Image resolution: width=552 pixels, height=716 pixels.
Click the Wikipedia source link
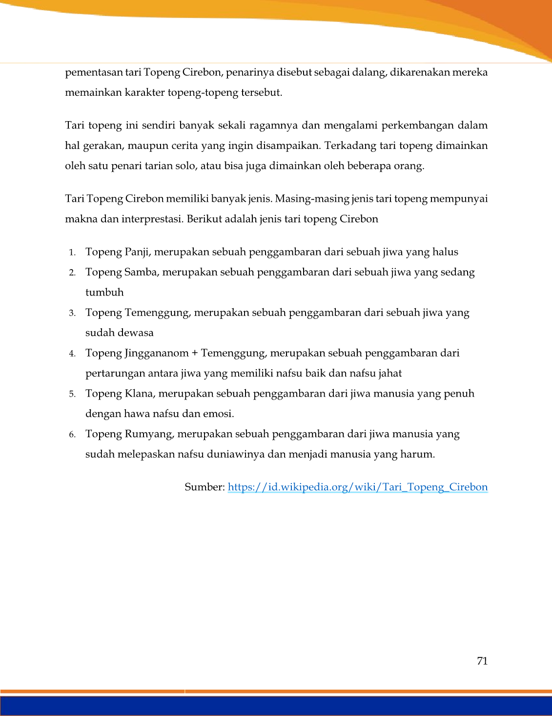click(357, 487)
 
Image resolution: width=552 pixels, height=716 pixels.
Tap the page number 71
click(482, 661)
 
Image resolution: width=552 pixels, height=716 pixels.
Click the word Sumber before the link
click(204, 487)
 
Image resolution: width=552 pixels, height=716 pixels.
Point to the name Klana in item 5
click(139, 394)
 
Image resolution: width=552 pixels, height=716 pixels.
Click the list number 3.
click(72, 313)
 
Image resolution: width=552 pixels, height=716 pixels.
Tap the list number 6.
click(72, 435)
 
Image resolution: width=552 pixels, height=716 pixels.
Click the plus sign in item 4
click(195, 353)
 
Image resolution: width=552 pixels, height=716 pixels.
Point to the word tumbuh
click(104, 293)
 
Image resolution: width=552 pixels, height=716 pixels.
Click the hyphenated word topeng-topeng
click(203, 92)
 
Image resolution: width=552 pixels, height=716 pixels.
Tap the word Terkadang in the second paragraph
click(348, 146)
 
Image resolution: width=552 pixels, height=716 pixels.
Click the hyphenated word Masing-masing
click(312, 199)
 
